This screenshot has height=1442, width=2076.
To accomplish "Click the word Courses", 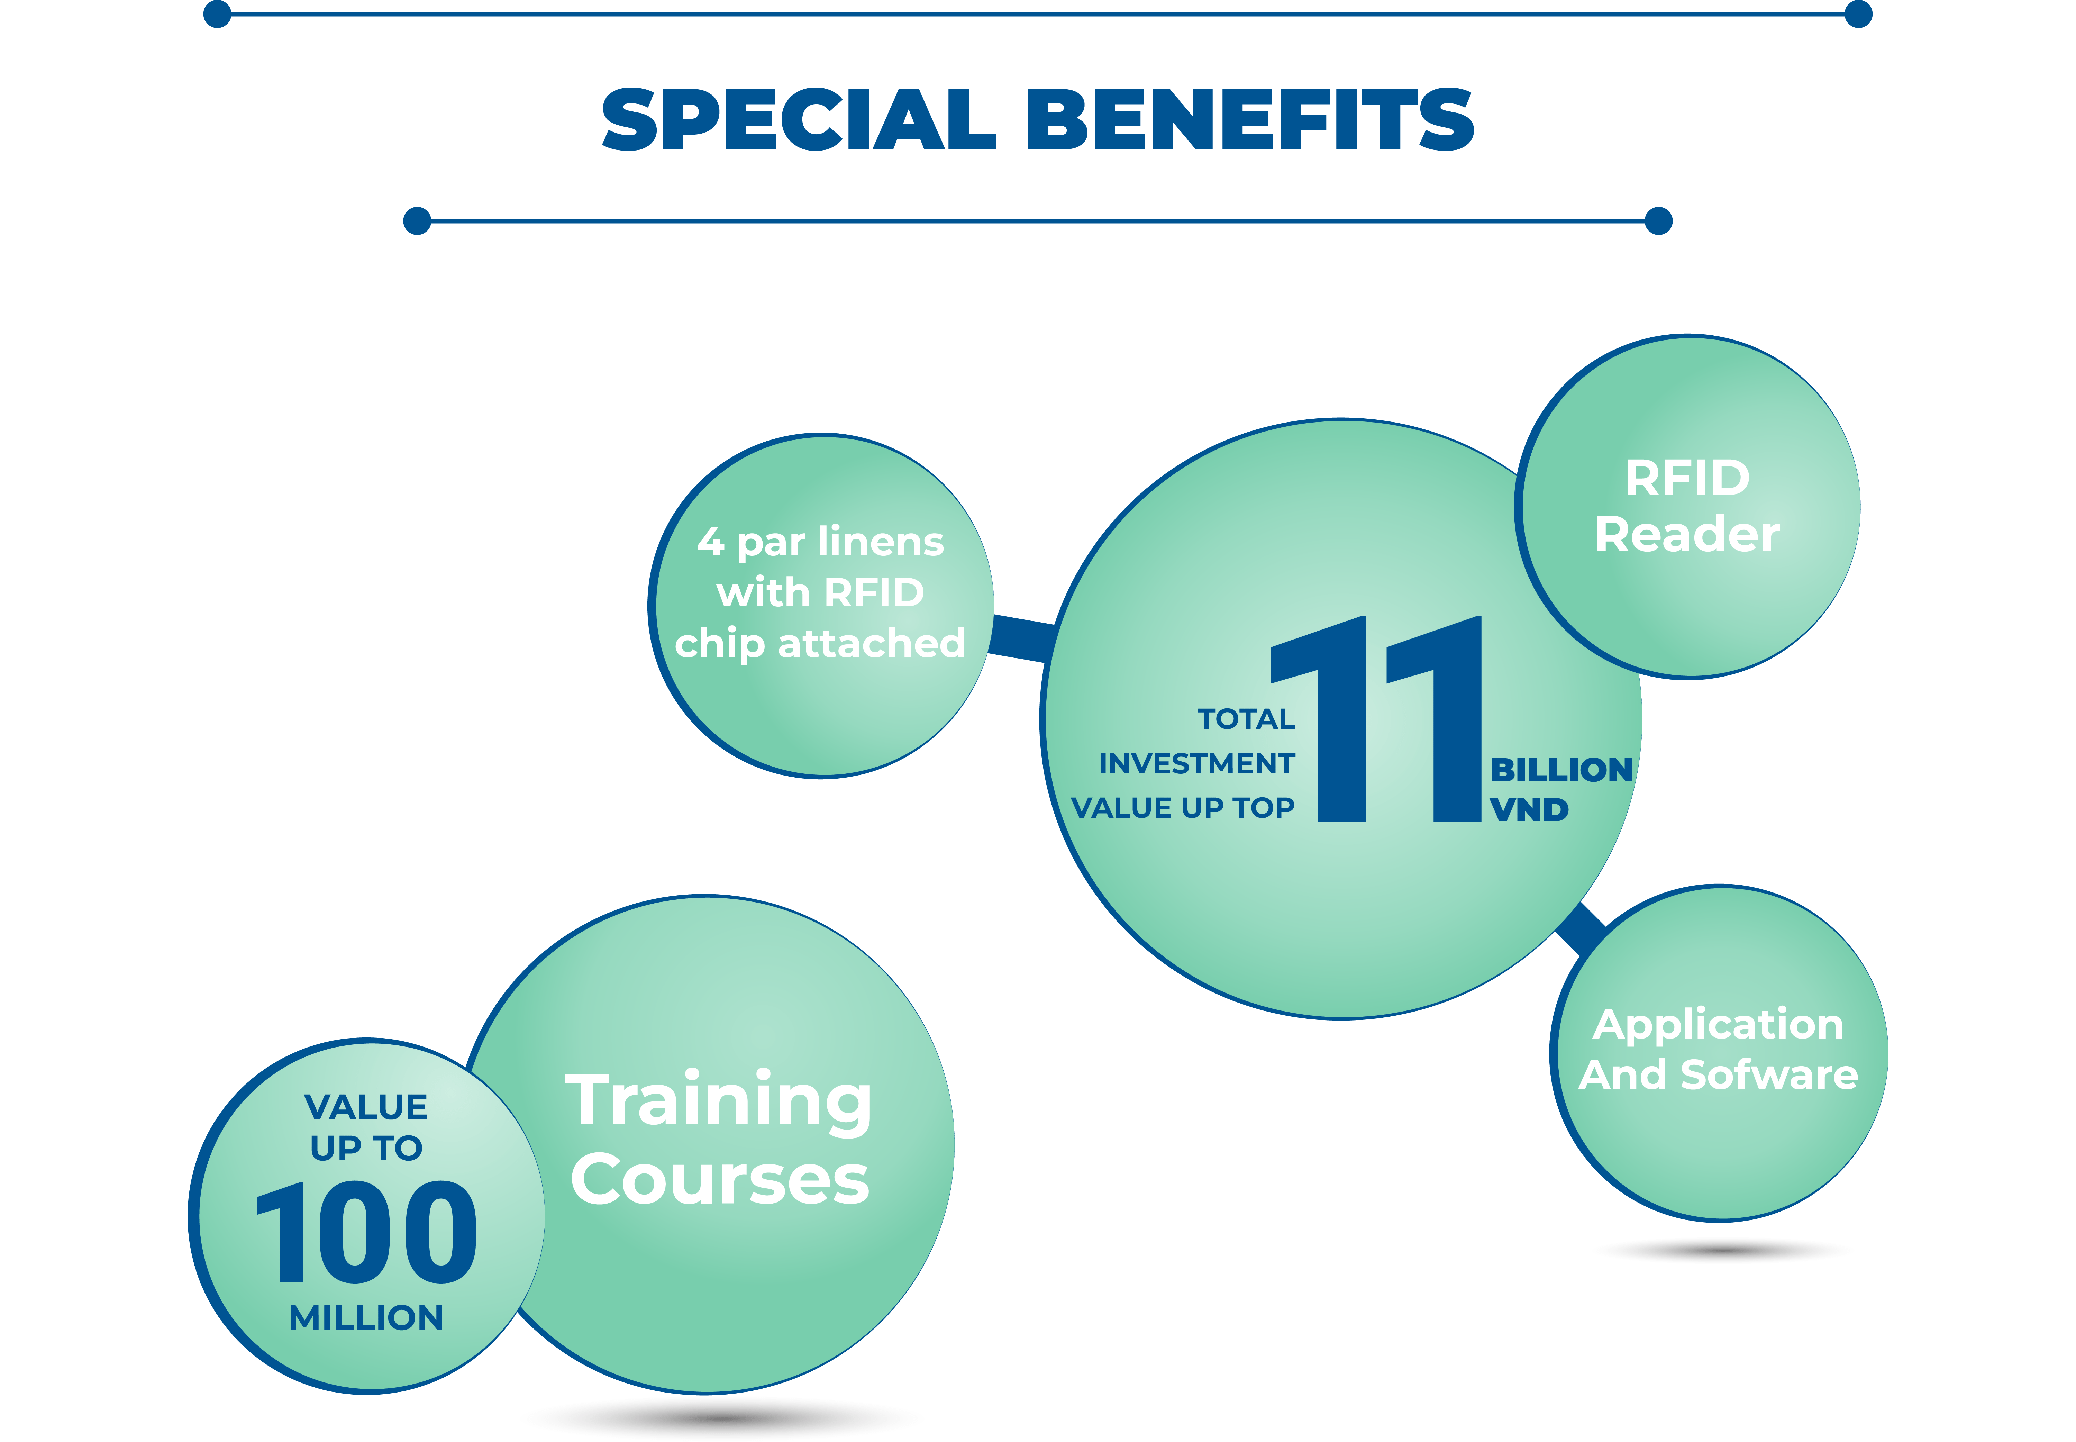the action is pyautogui.click(x=720, y=1179).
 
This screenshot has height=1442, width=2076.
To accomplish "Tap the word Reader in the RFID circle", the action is pyautogui.click(x=1687, y=534).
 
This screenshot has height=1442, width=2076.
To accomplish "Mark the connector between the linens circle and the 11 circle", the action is pyautogui.click(x=1021, y=638).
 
